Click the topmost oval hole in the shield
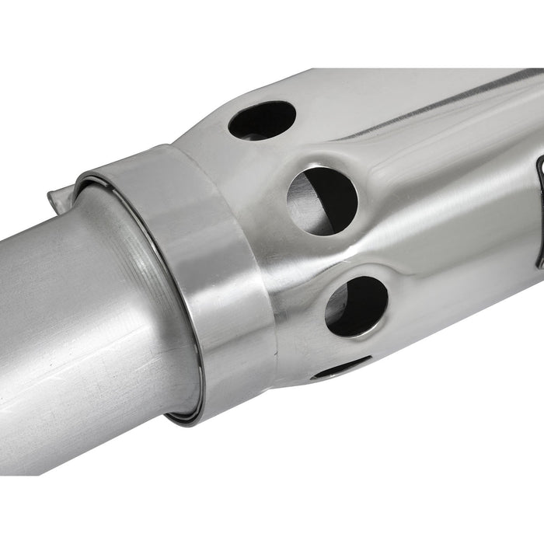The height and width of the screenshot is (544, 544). (x=262, y=120)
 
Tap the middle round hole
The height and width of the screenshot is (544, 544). (x=322, y=201)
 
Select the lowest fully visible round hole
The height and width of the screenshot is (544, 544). (x=357, y=306)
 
